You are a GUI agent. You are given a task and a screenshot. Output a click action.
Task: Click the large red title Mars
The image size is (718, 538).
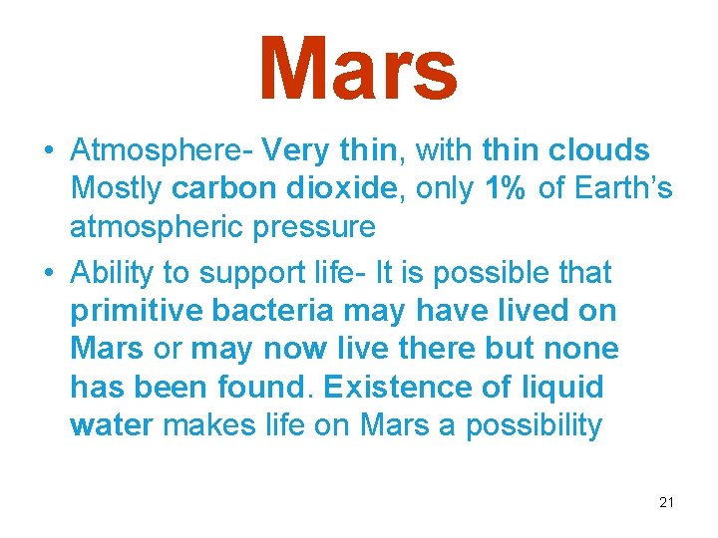[358, 69]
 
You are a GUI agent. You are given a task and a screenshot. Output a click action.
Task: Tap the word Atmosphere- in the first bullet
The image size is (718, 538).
[163, 150]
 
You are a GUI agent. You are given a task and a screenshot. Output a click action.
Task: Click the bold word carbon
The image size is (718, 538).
[215, 188]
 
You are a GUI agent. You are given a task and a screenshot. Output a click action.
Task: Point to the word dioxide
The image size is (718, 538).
[327, 188]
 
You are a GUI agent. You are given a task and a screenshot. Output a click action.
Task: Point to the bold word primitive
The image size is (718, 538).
[137, 311]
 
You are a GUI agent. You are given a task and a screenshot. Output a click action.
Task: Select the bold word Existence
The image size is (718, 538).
[380, 388]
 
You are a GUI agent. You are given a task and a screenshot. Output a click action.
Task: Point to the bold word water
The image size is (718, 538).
[112, 426]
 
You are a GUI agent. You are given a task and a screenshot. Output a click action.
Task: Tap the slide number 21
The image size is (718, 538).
[666, 502]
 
